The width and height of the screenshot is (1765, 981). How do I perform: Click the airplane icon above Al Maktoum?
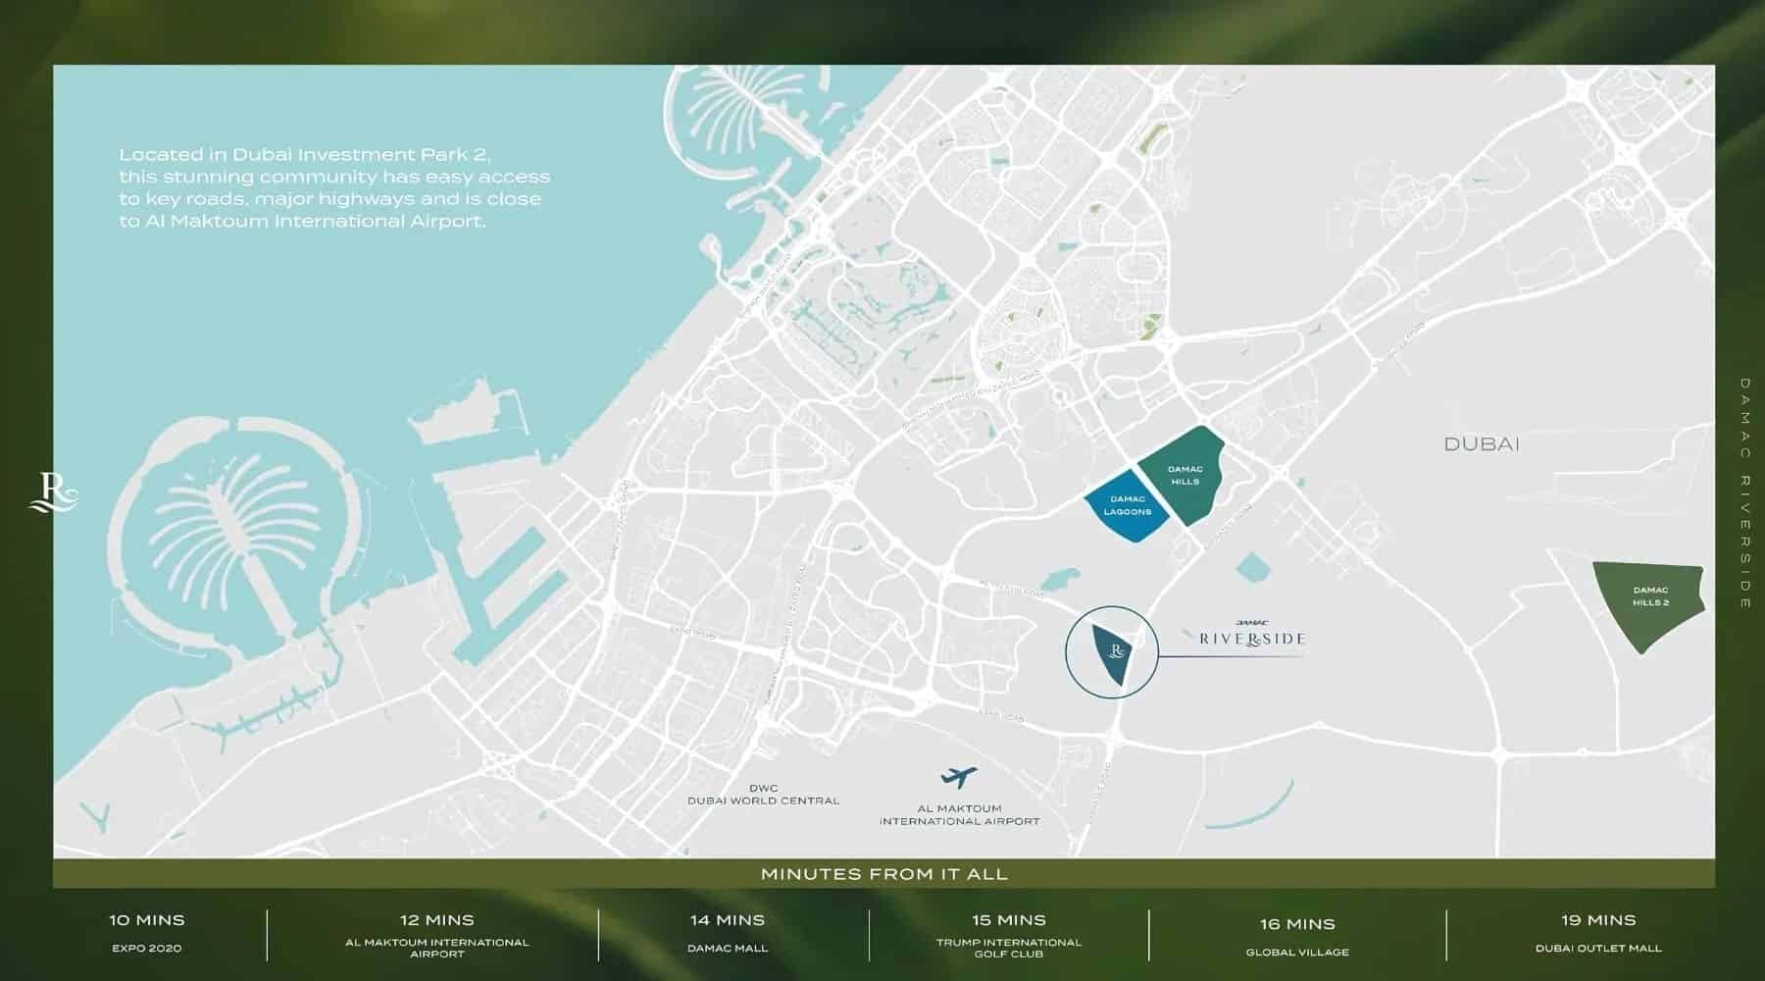pos(958,778)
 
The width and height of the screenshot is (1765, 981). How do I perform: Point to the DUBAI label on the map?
pos(1481,444)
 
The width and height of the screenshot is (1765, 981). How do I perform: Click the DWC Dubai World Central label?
pos(763,795)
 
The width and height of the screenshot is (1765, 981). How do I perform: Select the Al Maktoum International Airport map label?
pos(959,815)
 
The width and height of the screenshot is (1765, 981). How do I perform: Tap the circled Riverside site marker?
pos(1112,652)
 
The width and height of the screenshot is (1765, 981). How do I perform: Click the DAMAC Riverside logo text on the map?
pos(1252,636)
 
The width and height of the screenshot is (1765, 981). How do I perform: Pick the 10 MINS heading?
pos(147,920)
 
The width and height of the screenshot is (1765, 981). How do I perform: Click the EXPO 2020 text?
pos(147,949)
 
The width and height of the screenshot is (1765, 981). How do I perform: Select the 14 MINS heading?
pos(727,920)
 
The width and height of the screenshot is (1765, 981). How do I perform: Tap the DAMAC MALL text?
pos(727,949)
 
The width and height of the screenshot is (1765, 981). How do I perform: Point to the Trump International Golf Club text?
pos(1009,948)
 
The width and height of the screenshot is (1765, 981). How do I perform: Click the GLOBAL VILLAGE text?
pos(1297,953)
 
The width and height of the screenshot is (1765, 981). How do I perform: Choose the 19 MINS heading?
pos(1598,920)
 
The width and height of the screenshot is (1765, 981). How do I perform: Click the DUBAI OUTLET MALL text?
pos(1598,949)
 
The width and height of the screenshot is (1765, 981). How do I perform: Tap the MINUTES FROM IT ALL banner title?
pos(883,874)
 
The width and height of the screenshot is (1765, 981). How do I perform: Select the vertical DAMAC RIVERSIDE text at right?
pos(1745,493)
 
